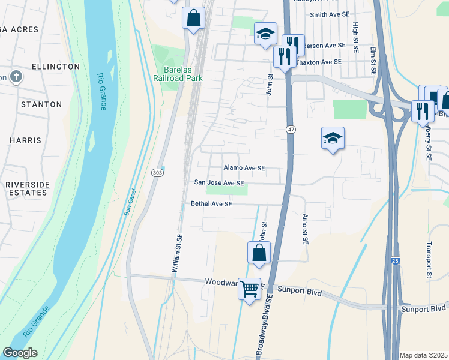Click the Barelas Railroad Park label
point(178,73)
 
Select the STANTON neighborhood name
point(41,104)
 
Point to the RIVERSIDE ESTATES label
point(26,188)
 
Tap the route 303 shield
point(156,173)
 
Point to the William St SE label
point(178,255)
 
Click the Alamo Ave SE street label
point(244,169)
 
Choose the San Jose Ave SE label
point(219,183)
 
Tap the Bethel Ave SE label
point(211,204)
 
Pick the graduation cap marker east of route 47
point(333,139)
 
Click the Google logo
point(20,353)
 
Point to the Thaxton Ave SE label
point(321,62)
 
